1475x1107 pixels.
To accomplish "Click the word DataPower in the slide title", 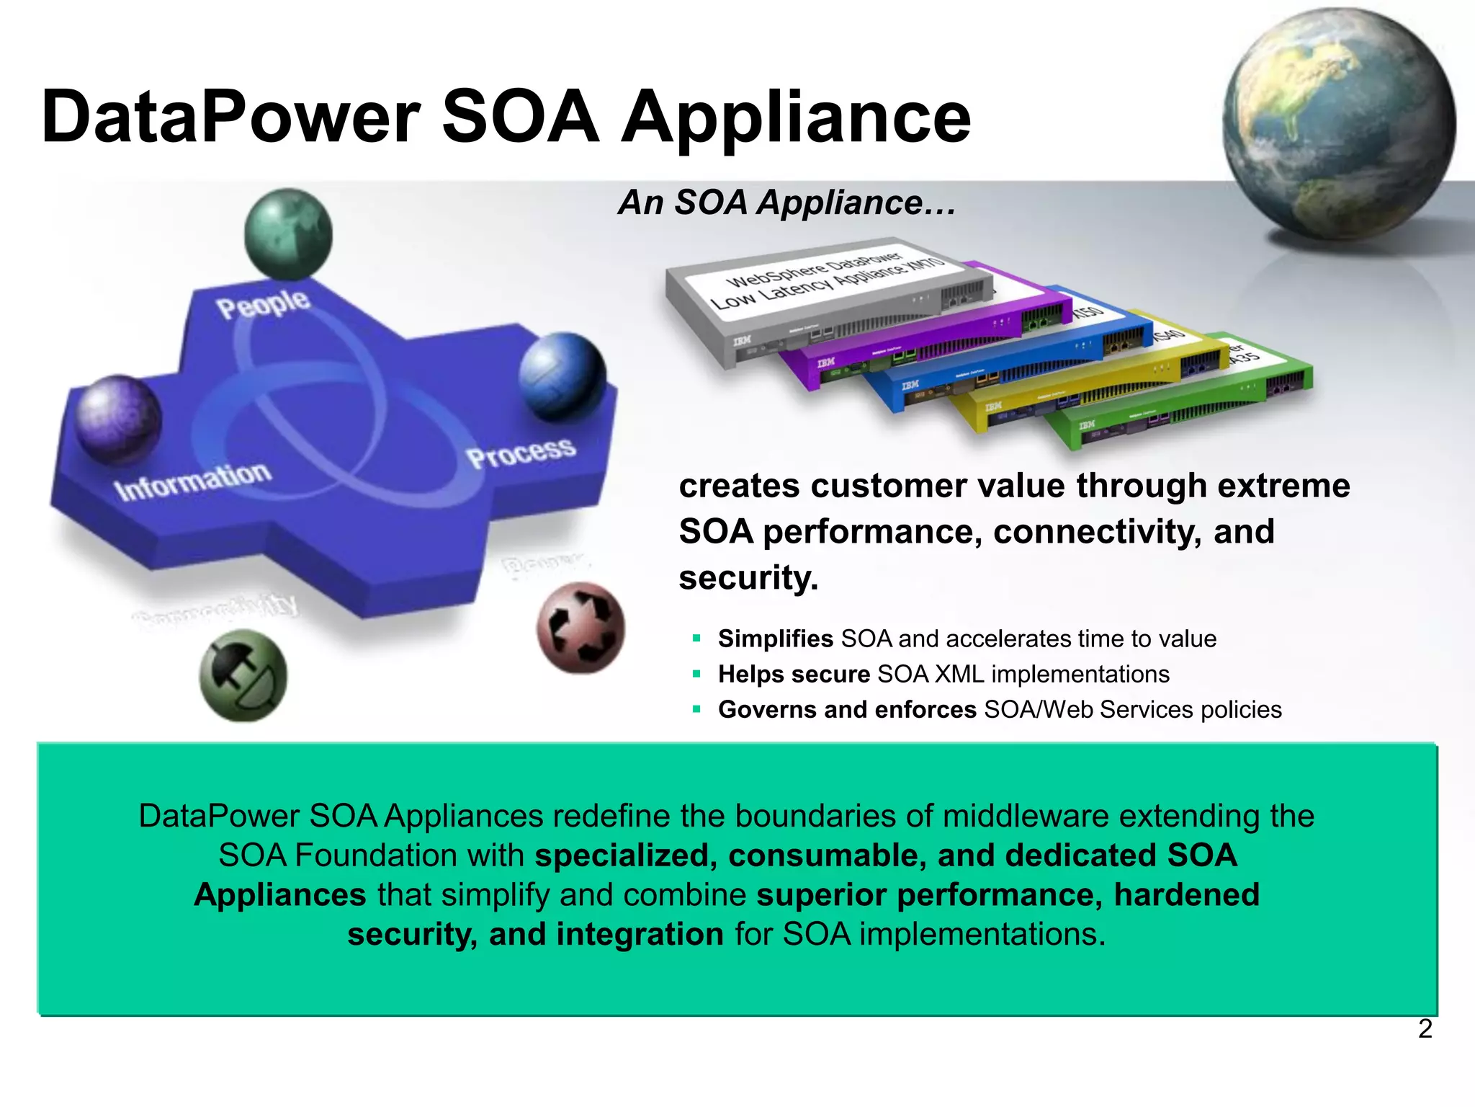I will (230, 117).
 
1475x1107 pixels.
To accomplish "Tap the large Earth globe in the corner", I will (1338, 124).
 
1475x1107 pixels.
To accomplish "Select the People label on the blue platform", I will (264, 304).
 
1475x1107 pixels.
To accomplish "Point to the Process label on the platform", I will (521, 452).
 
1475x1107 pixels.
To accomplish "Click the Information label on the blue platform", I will (193, 481).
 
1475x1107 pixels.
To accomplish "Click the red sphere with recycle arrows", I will (581, 628).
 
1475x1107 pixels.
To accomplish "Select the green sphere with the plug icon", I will (243, 675).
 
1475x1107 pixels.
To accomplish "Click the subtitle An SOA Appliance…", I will (787, 203).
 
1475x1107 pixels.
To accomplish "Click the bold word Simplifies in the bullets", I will (776, 639).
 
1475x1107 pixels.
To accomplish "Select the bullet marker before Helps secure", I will (696, 674).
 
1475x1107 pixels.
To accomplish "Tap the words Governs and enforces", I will (847, 710).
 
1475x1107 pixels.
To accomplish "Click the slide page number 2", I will (1425, 1028).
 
